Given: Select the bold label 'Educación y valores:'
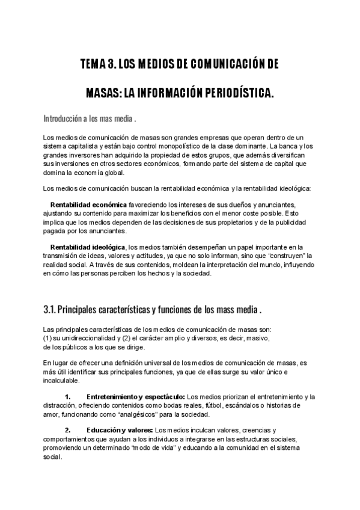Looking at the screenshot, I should point(120,431).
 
